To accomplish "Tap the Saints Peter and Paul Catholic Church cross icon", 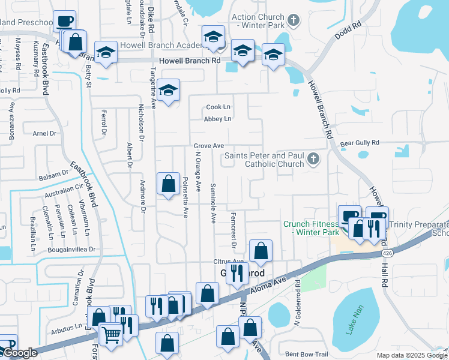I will (x=312, y=159).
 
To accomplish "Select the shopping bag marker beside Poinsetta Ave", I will (x=169, y=184).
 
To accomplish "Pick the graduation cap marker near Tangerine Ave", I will (x=169, y=91).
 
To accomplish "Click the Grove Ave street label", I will (x=208, y=146).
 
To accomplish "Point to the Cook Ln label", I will (x=218, y=107).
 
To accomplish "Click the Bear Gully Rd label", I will (x=360, y=143).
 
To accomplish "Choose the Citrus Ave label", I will (x=229, y=262).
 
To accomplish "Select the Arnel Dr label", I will (x=44, y=133).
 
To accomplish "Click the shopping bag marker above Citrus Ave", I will (x=261, y=251).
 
